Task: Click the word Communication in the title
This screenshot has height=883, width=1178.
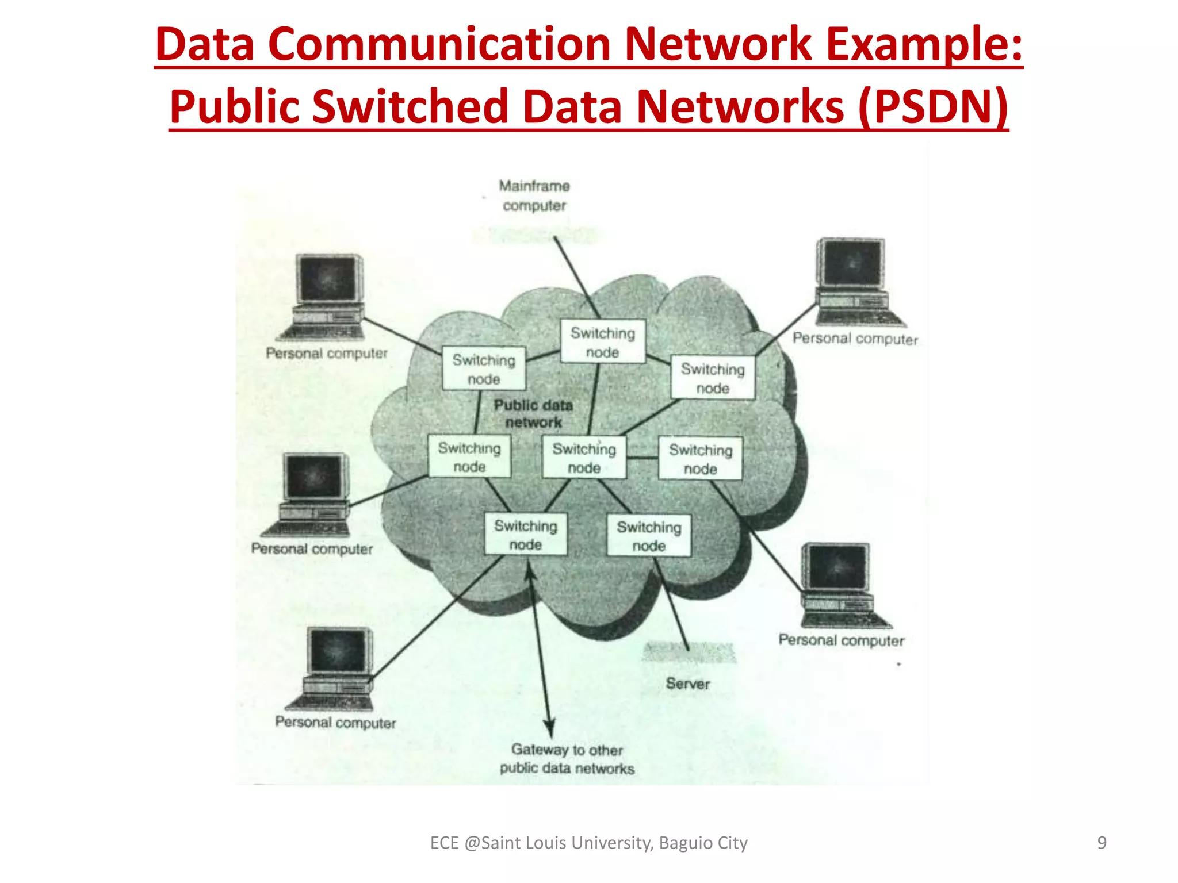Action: (x=438, y=45)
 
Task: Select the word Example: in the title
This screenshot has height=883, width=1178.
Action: (x=924, y=45)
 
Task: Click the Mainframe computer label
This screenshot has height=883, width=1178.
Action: (x=534, y=195)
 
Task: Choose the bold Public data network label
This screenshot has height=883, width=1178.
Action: (x=534, y=413)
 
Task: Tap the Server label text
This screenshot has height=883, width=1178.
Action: (x=687, y=684)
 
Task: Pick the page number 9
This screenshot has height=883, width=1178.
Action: (x=1101, y=843)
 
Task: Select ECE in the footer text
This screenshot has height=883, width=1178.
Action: (x=444, y=843)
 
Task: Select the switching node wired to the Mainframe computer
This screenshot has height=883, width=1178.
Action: (x=603, y=341)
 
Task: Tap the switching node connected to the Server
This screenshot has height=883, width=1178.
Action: (x=649, y=536)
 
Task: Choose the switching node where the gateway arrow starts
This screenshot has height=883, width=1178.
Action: (x=526, y=535)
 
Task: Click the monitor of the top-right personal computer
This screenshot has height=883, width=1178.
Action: (x=851, y=263)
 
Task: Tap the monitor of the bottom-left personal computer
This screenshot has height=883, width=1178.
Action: (x=337, y=651)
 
